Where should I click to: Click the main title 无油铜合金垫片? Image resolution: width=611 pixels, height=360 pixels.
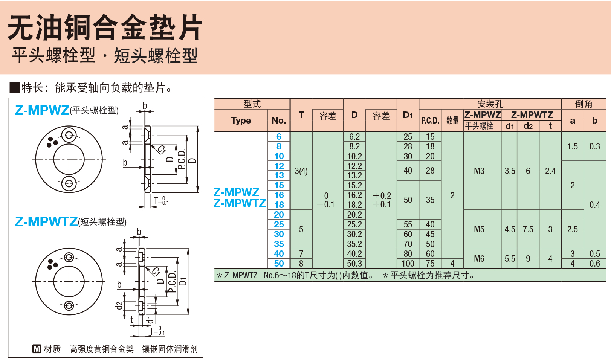(105, 27)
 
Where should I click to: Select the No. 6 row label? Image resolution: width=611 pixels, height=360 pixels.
(279, 137)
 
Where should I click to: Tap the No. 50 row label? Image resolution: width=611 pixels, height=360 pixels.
(279, 264)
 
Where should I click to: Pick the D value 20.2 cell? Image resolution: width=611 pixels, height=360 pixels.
(354, 215)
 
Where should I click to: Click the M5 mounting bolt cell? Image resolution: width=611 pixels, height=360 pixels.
(479, 229)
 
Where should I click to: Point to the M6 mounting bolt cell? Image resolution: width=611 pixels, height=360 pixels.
(479, 259)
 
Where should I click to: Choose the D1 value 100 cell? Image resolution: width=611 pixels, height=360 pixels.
(408, 264)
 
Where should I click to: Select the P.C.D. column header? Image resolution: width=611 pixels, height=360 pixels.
(430, 121)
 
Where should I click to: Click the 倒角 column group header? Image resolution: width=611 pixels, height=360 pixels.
(584, 104)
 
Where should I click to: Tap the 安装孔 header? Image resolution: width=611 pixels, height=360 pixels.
(490, 104)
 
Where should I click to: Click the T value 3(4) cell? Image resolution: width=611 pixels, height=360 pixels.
(301, 171)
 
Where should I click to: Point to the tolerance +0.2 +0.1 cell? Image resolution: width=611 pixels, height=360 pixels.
(381, 200)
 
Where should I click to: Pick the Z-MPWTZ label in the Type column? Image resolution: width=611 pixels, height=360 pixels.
(240, 203)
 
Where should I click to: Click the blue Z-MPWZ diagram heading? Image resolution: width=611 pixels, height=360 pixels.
(42, 110)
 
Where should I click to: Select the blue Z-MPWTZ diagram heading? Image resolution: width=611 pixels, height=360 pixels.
(46, 221)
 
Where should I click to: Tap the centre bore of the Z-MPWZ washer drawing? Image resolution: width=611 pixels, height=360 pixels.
(69, 159)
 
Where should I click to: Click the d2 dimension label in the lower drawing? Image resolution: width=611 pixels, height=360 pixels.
(119, 305)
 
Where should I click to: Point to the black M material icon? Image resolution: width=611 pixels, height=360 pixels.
(37, 349)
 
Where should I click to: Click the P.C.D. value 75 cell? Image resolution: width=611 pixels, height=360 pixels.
(430, 264)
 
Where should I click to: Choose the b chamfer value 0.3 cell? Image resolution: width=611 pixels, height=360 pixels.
(594, 146)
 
